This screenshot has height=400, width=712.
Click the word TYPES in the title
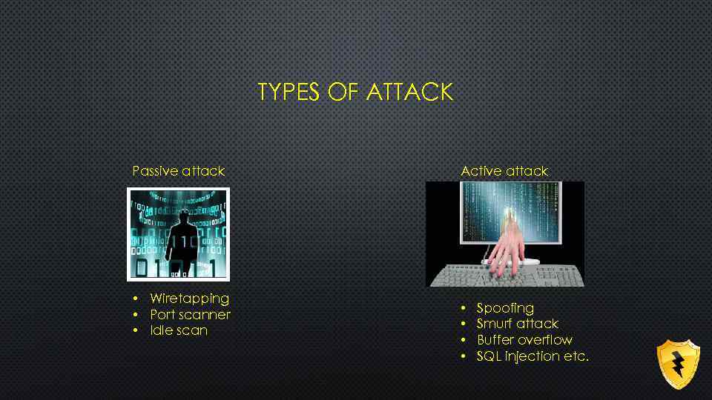(285, 92)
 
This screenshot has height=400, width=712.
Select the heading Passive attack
(178, 171)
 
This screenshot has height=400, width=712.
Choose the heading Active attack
(504, 171)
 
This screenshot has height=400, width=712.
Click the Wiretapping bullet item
(189, 299)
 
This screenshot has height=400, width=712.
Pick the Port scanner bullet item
(190, 315)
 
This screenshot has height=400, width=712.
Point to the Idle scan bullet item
(179, 330)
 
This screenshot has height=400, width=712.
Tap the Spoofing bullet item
(505, 307)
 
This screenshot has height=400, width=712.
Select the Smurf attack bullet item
(517, 324)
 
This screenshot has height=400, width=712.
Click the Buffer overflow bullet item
(524, 340)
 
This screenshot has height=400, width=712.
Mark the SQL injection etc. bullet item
(533, 356)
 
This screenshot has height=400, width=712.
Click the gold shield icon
(678, 364)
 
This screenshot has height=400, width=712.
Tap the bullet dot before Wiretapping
(136, 299)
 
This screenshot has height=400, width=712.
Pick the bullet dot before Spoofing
(463, 308)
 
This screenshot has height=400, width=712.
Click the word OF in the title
(332, 92)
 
